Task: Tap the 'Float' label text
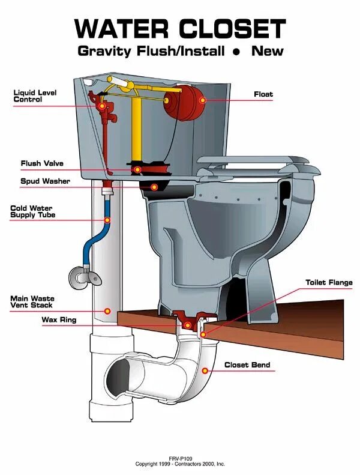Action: coord(263,94)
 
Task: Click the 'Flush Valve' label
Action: coord(42,163)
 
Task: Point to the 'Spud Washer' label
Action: coord(45,181)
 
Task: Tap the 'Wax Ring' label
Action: coord(59,320)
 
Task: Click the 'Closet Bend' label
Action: coord(247,365)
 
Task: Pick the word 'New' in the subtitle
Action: coord(268,51)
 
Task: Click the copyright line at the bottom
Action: coord(179,464)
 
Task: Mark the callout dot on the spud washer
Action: coord(154,187)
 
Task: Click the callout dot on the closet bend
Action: coord(205,370)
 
